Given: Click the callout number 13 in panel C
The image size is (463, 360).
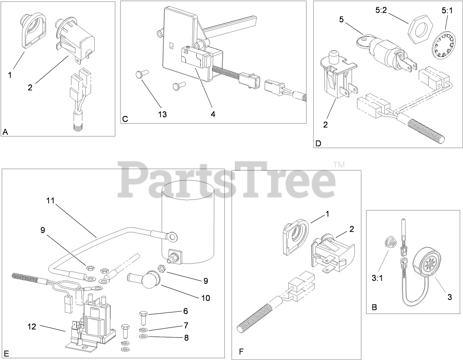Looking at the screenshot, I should coord(162,114).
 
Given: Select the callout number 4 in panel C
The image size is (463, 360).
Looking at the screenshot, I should coord(213,114).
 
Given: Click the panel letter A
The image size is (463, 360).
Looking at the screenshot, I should coord(5,132).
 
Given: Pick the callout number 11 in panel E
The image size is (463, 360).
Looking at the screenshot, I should coord(50,201).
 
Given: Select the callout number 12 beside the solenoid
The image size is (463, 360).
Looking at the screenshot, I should coord(32,326).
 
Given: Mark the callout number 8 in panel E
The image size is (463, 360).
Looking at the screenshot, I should coord(186,337).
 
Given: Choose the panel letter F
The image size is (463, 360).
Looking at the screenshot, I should coord(241,352).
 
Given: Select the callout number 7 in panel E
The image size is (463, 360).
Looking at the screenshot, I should coord(186,325).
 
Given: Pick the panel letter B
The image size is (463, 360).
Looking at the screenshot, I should coord(374,307).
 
